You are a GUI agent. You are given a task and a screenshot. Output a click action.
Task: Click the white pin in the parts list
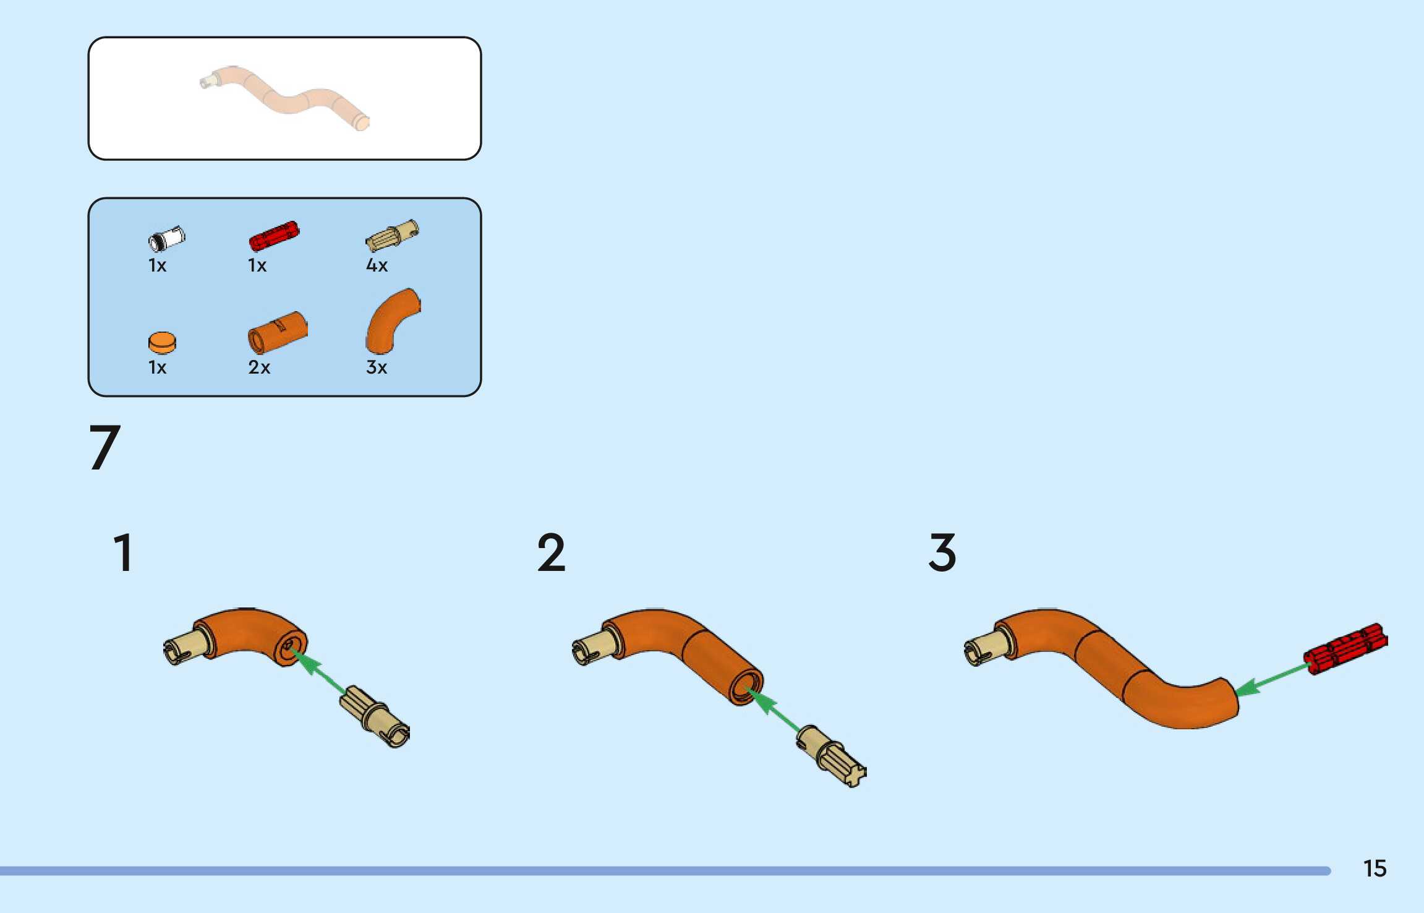point(166,238)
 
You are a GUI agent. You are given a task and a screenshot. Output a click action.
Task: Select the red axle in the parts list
point(274,235)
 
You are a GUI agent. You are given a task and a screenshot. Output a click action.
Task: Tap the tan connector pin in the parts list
point(392,236)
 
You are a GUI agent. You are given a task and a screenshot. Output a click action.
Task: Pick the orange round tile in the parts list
point(162,342)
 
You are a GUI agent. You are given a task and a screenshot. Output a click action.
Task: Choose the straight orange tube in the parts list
point(278,332)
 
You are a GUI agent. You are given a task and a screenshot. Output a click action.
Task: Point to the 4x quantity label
point(377,265)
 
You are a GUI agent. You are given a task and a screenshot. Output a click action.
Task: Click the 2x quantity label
point(259,367)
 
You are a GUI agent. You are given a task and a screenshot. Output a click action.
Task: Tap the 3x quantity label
point(377,367)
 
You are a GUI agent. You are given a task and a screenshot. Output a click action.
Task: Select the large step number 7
point(104,447)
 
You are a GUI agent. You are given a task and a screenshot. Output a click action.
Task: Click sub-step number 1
point(123,552)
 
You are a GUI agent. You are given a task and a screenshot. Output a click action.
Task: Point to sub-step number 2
point(551,552)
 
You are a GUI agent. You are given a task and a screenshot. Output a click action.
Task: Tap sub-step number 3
point(942,552)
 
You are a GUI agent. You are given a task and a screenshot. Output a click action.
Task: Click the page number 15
point(1375,868)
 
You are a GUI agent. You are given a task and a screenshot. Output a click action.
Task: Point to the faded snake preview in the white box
point(284,98)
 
